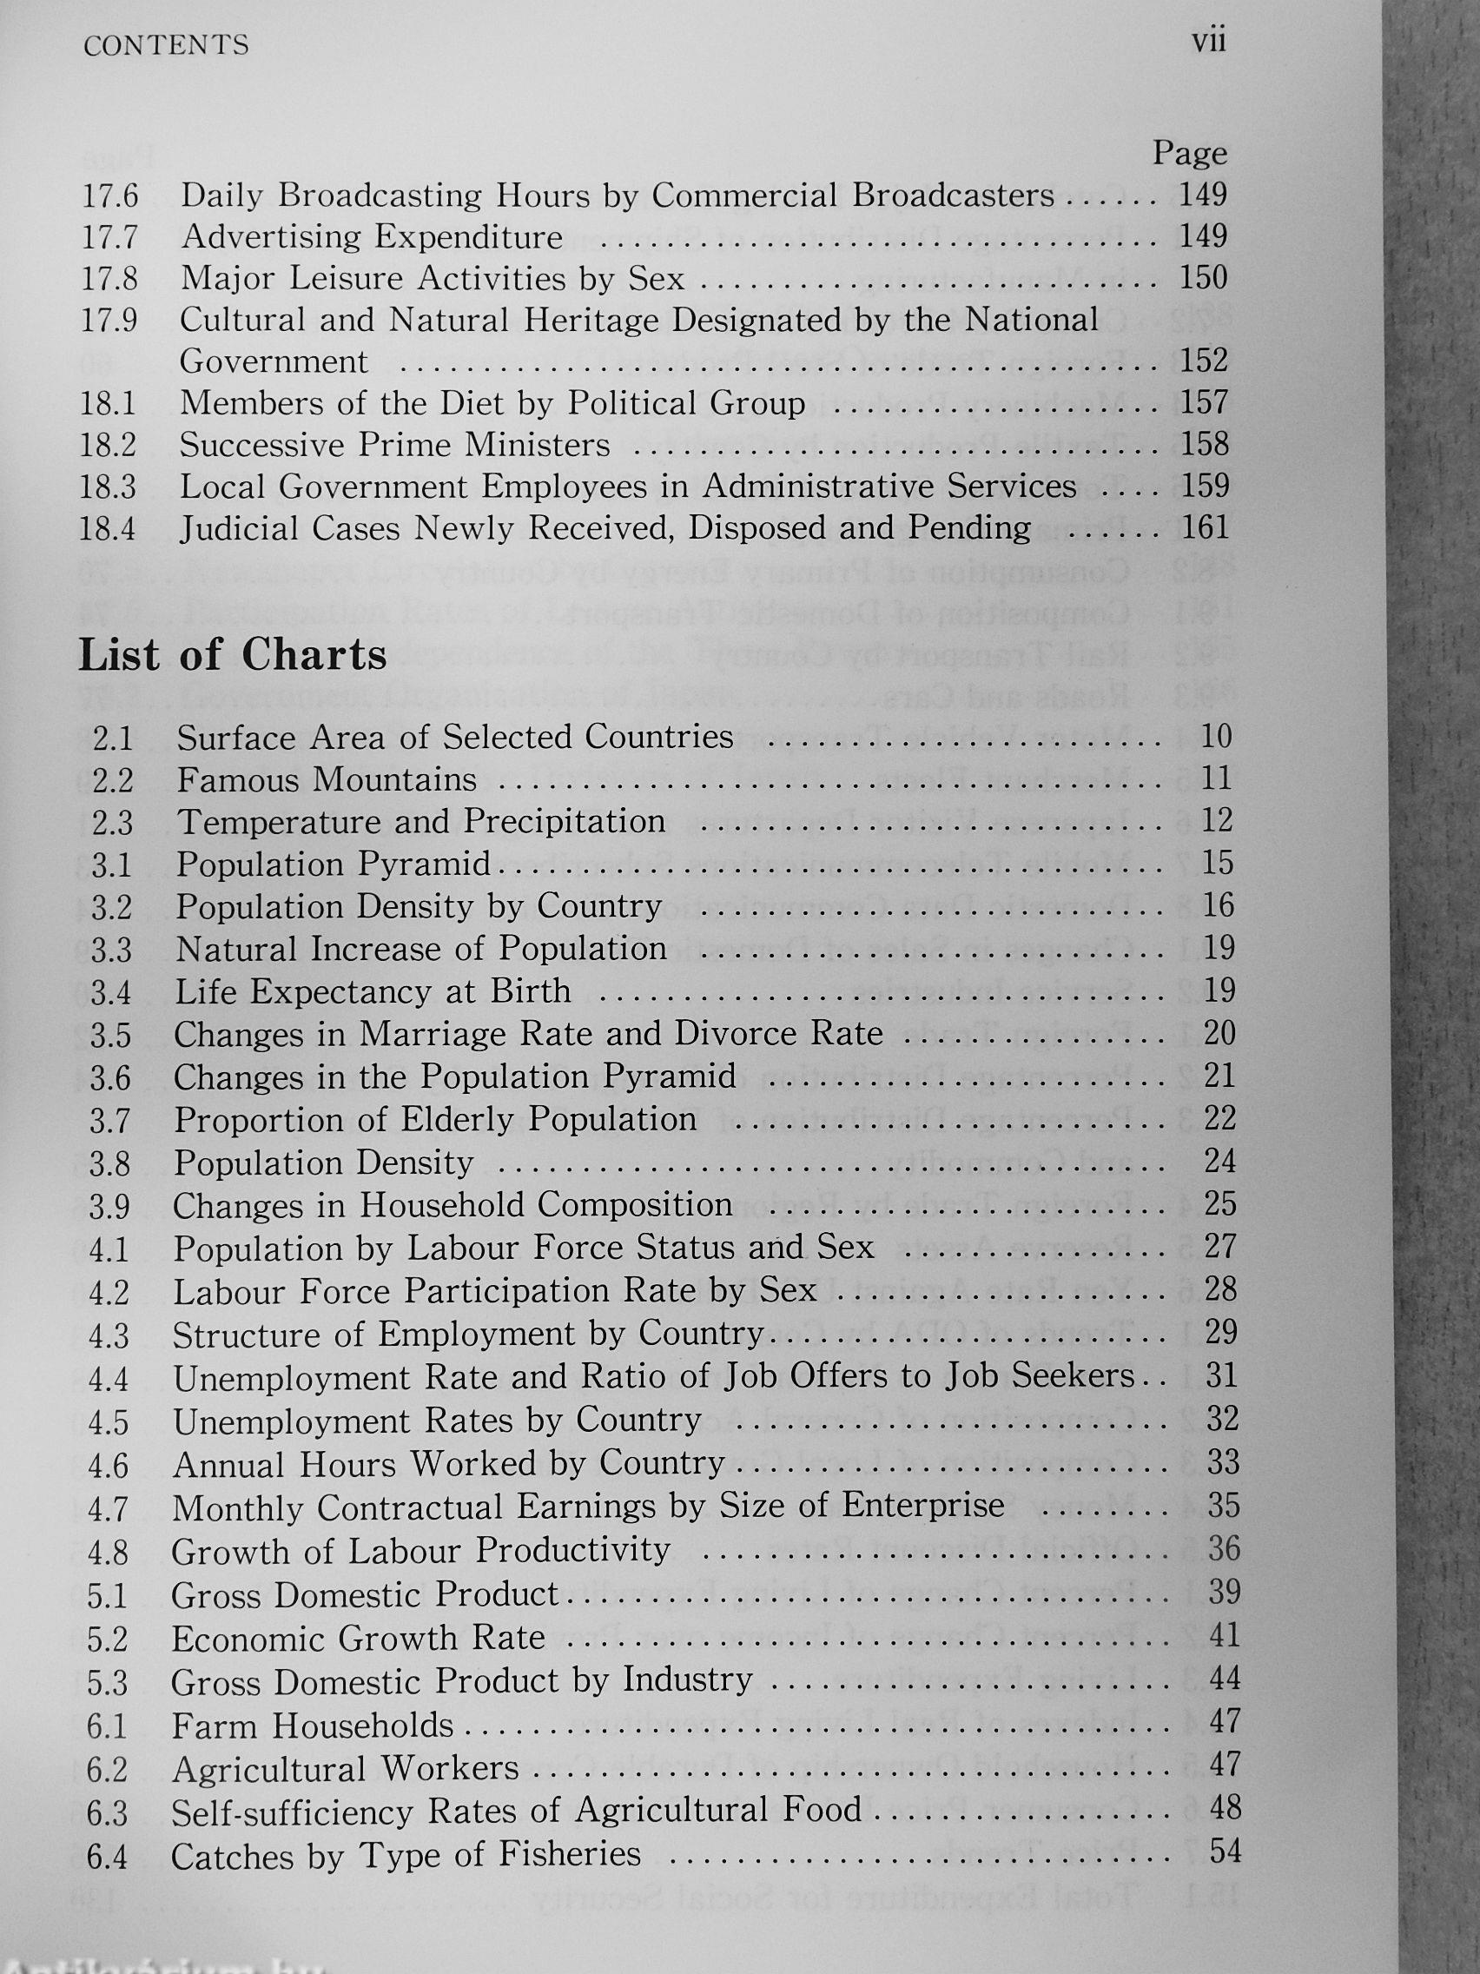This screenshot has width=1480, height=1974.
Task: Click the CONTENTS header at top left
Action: click(166, 46)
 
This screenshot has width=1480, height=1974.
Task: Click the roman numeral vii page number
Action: click(1209, 42)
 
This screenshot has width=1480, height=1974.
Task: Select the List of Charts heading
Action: click(233, 655)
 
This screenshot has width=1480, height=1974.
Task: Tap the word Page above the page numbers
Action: click(1190, 154)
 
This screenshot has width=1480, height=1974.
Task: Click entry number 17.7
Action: click(110, 237)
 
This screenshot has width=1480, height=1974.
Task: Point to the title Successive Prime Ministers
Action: click(395, 445)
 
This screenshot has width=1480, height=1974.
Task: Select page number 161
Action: click(1205, 527)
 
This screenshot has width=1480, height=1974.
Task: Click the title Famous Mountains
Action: click(327, 780)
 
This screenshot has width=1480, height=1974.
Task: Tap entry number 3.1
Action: click(111, 864)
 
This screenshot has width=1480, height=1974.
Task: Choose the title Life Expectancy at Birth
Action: click(373, 991)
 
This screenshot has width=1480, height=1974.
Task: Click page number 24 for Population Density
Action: click(1219, 1161)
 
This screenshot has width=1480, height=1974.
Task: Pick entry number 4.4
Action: click(109, 1380)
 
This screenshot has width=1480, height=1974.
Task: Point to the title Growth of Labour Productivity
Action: click(420, 1551)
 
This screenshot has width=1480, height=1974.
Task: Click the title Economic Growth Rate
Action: click(358, 1639)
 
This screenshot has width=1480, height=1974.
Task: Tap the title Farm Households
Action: click(314, 1726)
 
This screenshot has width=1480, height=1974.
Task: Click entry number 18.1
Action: click(108, 403)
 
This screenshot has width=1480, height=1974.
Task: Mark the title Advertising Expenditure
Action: click(372, 236)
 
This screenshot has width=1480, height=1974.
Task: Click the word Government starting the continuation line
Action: click(274, 361)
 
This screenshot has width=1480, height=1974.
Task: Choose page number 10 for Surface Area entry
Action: click(1217, 736)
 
